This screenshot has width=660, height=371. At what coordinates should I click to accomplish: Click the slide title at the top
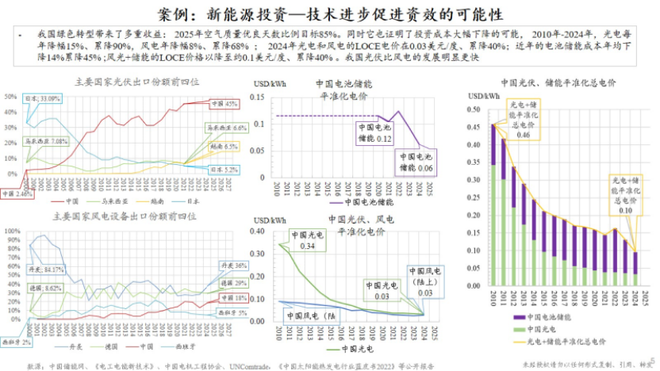click(329, 14)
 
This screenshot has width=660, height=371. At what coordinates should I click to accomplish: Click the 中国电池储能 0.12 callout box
click(372, 132)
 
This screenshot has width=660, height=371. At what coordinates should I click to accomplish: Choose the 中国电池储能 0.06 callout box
click(419, 163)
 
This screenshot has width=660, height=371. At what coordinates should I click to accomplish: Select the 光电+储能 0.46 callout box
click(523, 120)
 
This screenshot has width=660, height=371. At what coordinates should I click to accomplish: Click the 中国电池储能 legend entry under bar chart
click(539, 316)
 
